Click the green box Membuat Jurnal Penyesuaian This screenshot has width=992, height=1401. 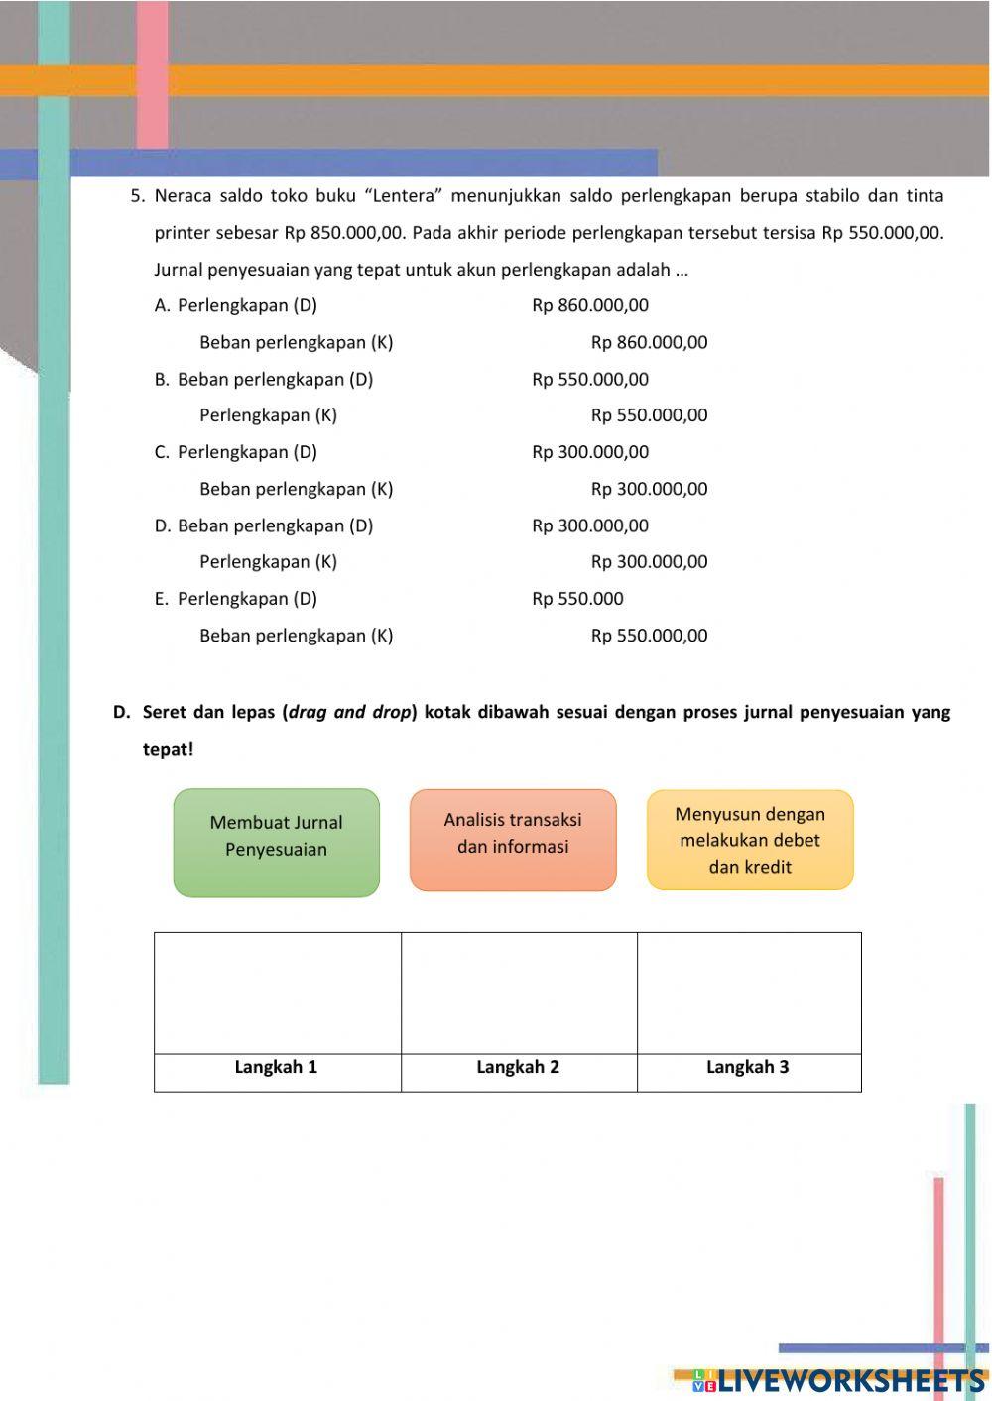[276, 843]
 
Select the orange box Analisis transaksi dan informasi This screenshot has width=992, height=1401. [513, 840]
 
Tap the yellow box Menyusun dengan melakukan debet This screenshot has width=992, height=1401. [750, 840]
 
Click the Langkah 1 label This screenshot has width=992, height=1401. [276, 1067]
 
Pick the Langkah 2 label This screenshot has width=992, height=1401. [518, 1067]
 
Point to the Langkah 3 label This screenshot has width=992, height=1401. [747, 1067]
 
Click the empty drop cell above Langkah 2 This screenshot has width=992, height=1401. [519, 992]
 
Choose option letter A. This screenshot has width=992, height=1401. [163, 305]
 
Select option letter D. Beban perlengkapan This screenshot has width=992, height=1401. [163, 525]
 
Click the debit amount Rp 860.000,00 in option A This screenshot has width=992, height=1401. [590, 305]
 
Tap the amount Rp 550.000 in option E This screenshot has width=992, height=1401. [577, 598]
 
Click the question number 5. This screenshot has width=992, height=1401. [138, 195]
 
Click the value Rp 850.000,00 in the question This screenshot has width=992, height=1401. [344, 233]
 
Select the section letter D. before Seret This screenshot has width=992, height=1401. [121, 712]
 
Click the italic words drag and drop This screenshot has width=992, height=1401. [349, 712]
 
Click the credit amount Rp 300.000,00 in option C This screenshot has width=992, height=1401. [649, 489]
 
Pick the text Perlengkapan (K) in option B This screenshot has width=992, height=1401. [268, 415]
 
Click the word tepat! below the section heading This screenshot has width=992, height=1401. [168, 749]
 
